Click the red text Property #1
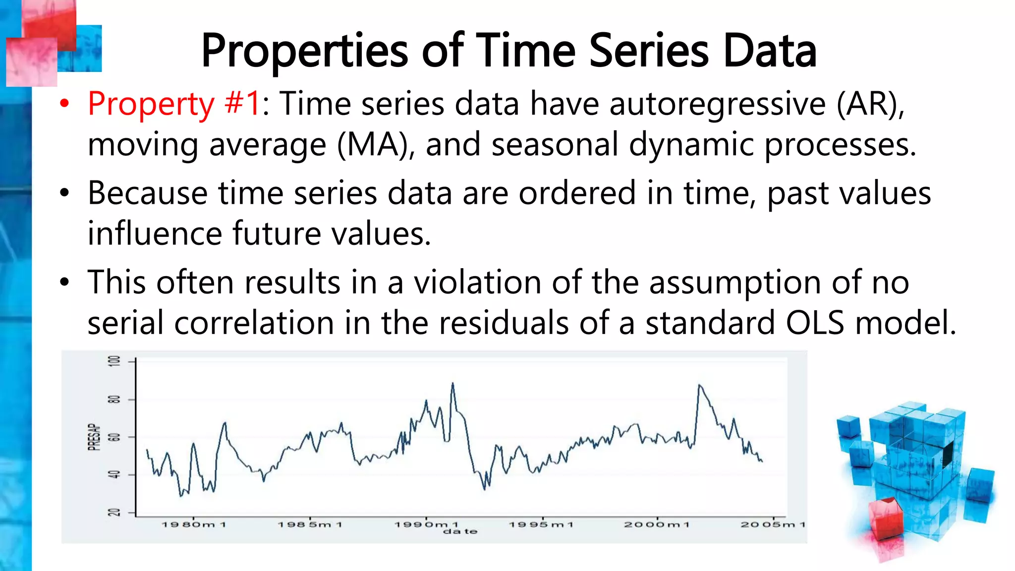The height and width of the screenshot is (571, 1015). tap(173, 104)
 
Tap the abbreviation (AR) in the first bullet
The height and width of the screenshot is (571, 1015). tap(870, 104)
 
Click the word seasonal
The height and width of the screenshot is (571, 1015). tap(555, 145)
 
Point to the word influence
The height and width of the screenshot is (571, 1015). tap(154, 233)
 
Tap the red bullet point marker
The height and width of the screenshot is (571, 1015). tap(64, 104)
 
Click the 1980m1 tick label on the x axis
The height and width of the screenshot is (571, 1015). tap(194, 524)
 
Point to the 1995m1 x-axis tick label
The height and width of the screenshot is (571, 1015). tap(542, 524)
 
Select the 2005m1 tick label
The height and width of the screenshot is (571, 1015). tap(773, 524)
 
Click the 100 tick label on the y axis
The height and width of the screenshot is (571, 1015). tap(114, 361)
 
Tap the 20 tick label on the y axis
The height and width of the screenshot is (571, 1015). tap(114, 513)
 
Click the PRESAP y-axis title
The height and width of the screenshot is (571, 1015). tap(94, 437)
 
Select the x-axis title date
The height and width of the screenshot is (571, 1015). tap(460, 532)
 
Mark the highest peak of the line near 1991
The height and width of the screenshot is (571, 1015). tap(452, 383)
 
